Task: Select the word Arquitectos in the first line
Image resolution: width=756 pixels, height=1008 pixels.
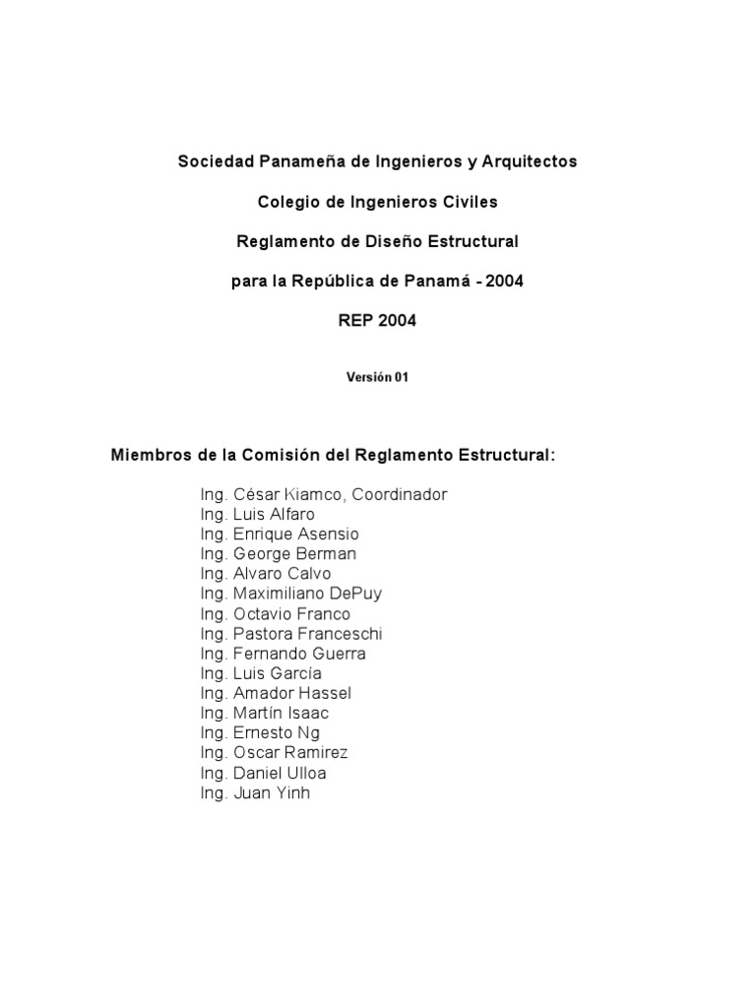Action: coord(533,161)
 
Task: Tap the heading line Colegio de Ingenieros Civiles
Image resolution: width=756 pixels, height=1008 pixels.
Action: coord(377,202)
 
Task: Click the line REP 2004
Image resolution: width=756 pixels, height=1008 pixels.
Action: coord(377,321)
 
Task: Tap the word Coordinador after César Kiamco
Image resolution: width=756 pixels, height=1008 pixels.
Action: coord(400,494)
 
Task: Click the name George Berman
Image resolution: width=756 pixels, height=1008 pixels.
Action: coord(294,553)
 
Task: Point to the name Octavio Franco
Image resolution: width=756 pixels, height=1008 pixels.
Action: coord(291,613)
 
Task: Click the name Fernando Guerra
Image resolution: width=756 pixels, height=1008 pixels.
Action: coord(298,653)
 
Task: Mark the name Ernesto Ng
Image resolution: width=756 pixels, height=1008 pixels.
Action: coord(276,732)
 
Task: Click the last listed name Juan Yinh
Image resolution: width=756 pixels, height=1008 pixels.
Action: coord(271,792)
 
